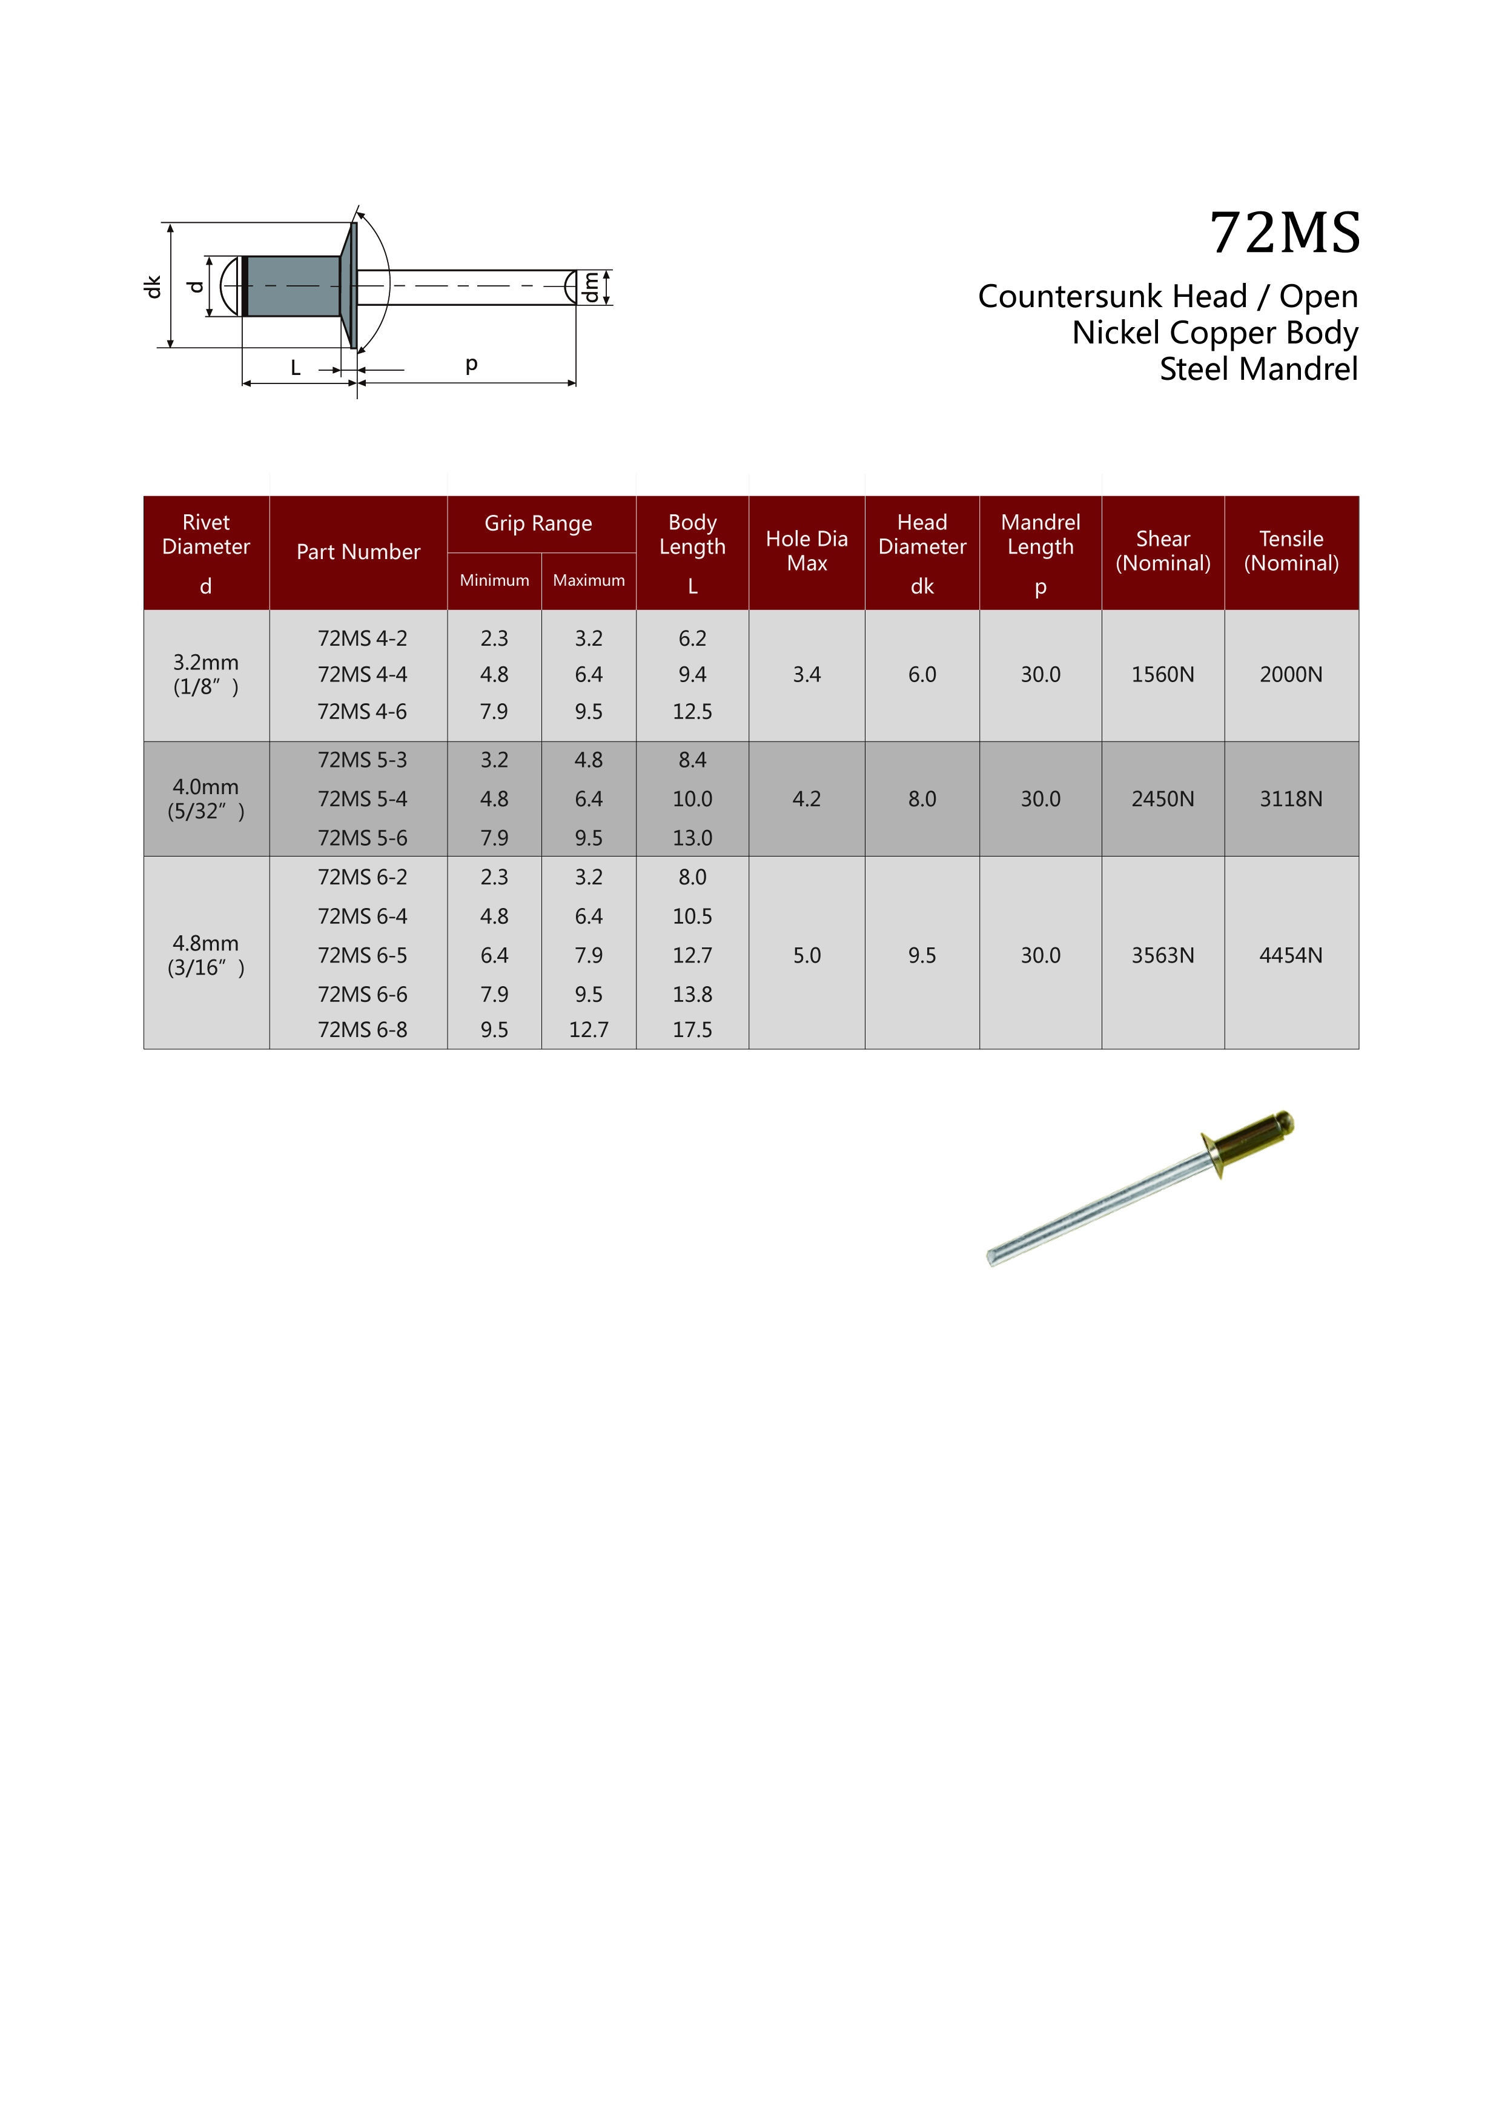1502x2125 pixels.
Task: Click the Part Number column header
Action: click(358, 552)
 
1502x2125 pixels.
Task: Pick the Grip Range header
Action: click(538, 524)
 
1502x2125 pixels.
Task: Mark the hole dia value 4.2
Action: click(806, 799)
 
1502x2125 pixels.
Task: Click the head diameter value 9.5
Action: click(922, 955)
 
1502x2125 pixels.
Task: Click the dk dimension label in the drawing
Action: click(153, 287)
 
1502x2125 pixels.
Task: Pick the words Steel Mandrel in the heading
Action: click(1258, 370)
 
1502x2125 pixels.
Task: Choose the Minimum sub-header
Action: click(494, 580)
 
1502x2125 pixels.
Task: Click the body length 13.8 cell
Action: click(692, 994)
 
